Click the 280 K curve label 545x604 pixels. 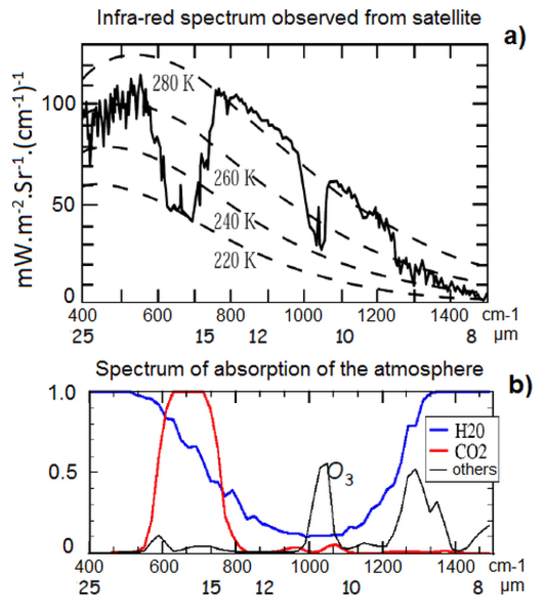(173, 83)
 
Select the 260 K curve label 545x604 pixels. (234, 178)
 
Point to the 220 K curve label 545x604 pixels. (234, 261)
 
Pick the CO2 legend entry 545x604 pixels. (470, 452)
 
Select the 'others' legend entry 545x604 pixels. (474, 470)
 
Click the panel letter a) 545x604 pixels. (515, 37)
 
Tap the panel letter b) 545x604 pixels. (520, 385)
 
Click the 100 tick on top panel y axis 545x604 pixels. (59, 104)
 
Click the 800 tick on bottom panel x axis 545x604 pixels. (237, 567)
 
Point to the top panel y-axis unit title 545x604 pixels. (25, 180)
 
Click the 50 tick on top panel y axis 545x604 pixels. (63, 205)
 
